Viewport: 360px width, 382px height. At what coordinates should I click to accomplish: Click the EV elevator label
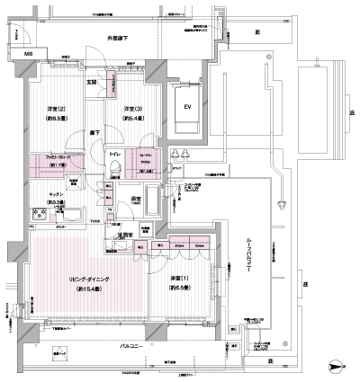click(x=188, y=109)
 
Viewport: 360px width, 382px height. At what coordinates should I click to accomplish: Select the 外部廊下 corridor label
click(x=119, y=40)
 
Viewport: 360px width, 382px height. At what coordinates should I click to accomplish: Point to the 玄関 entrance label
click(x=91, y=82)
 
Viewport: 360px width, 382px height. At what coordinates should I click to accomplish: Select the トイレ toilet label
click(x=115, y=155)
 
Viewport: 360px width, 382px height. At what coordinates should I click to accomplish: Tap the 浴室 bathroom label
click(x=138, y=199)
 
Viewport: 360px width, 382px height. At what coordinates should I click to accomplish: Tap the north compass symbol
click(x=335, y=367)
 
